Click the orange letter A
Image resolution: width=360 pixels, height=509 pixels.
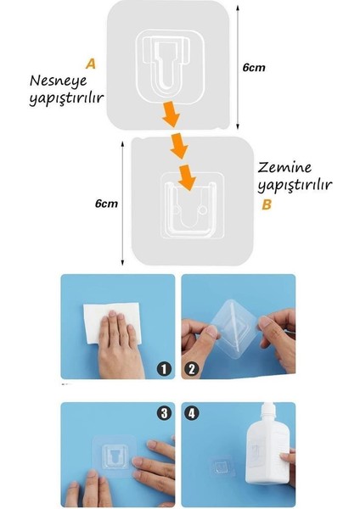(91, 64)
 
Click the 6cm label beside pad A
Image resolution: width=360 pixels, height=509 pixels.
(253, 66)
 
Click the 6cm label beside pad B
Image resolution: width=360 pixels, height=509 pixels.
(106, 204)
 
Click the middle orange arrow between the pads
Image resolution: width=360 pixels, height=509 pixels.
(179, 147)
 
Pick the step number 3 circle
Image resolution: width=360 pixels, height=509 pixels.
(164, 414)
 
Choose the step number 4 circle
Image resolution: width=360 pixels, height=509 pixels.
(193, 414)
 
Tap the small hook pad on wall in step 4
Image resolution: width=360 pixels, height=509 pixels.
(223, 467)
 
